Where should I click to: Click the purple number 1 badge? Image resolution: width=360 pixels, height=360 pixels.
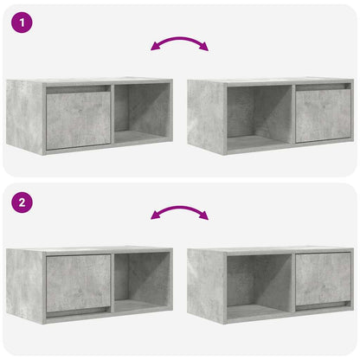point(23,22)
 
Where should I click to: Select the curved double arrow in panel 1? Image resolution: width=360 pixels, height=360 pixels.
point(179,42)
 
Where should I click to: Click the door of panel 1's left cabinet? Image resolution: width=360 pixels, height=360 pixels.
point(78,119)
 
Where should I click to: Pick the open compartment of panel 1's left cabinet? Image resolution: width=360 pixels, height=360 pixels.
point(141,114)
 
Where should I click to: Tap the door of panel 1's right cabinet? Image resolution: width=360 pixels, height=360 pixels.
point(323,115)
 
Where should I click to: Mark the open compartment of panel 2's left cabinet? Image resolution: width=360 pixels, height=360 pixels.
point(141,284)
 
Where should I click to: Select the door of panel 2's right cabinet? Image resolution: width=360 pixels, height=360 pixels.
point(323,279)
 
